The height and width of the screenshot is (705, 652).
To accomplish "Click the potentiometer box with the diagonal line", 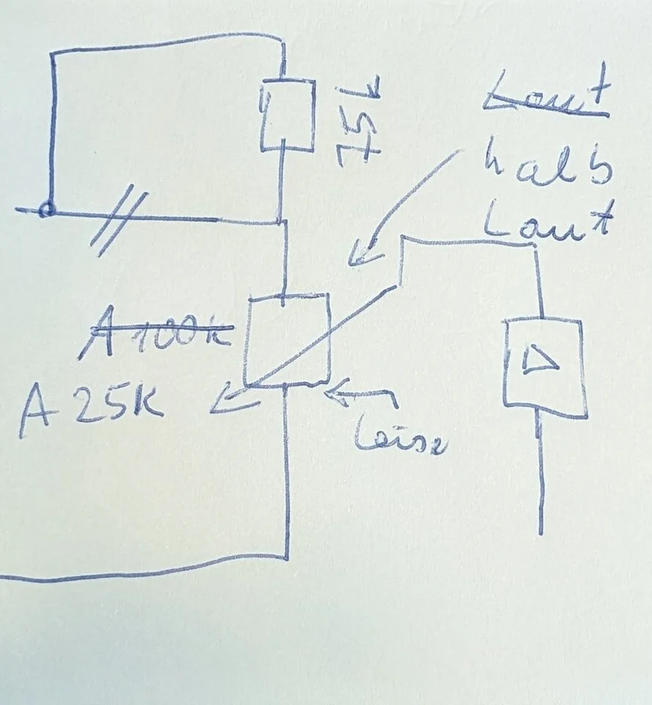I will point(288,339).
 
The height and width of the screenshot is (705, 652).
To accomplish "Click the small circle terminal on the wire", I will point(46,210).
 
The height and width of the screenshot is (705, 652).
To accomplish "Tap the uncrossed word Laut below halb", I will point(547,219).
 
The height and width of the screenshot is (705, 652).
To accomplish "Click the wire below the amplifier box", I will point(541,477).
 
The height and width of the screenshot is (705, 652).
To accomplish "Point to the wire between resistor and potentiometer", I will point(283,257).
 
